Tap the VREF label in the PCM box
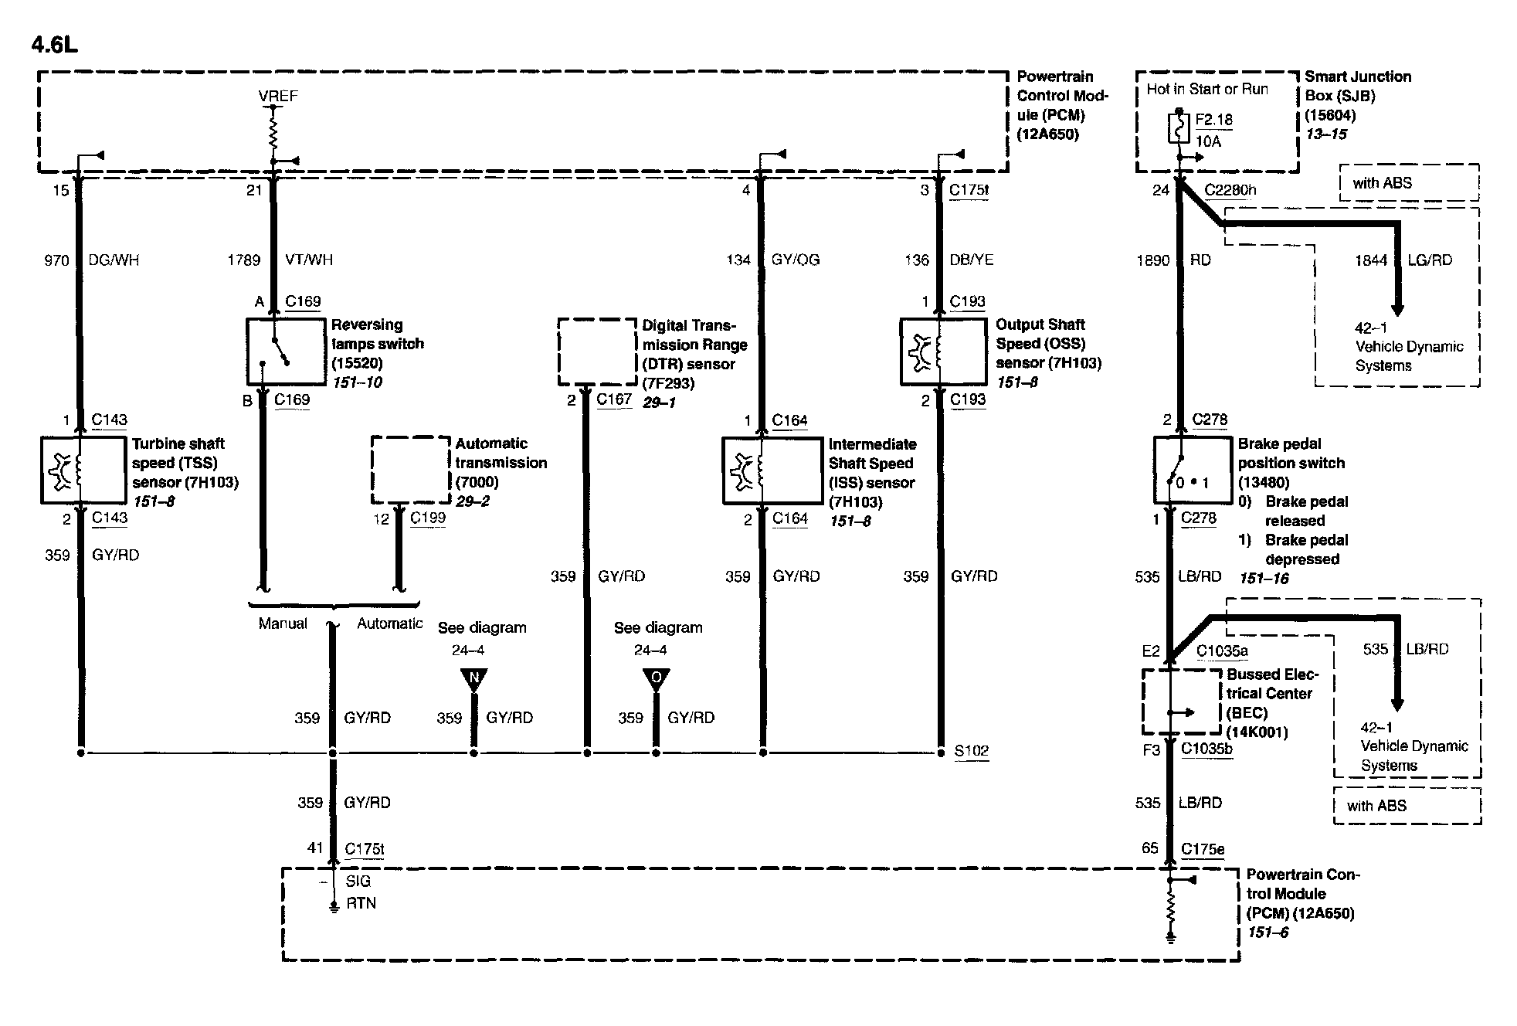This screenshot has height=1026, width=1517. pyautogui.click(x=278, y=96)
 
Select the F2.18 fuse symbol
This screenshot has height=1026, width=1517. pyautogui.click(x=1179, y=129)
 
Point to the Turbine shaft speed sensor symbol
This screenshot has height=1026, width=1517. pyautogui.click(x=83, y=470)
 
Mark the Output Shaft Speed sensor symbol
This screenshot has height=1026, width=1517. pyautogui.click(x=943, y=352)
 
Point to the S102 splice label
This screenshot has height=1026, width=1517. pyautogui.click(x=971, y=751)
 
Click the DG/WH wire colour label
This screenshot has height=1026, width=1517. pyautogui.click(x=114, y=260)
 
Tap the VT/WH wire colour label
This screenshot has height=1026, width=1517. pyautogui.click(x=309, y=260)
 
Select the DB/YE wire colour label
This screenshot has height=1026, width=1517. pyautogui.click(x=972, y=260)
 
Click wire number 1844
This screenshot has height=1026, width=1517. pyautogui.click(x=1371, y=260)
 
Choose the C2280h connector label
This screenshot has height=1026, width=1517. pyautogui.click(x=1230, y=190)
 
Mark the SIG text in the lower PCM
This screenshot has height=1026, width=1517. pyautogui.click(x=358, y=881)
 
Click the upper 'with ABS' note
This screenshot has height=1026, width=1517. pyautogui.click(x=1382, y=183)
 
